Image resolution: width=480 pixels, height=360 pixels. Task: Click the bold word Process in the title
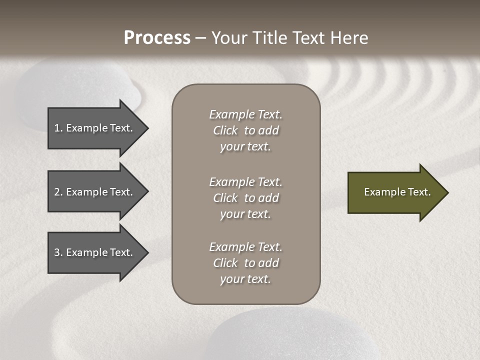coord(157,38)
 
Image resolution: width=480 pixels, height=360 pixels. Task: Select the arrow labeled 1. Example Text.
coord(95,128)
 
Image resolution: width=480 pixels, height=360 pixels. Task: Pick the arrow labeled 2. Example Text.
coord(95,192)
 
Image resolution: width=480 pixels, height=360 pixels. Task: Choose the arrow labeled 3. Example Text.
coord(95,252)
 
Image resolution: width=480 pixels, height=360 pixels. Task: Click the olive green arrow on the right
coord(395,192)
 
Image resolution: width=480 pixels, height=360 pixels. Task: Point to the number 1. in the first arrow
coord(58,128)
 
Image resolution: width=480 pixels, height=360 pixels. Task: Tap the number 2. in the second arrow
coord(58,192)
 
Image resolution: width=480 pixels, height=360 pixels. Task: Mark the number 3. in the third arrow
coord(58,252)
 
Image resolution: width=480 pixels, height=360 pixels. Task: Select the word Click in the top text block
coord(225,130)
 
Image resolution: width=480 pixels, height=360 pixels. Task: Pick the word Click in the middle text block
coord(225,198)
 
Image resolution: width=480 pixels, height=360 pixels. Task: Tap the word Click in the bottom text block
coord(225,263)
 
